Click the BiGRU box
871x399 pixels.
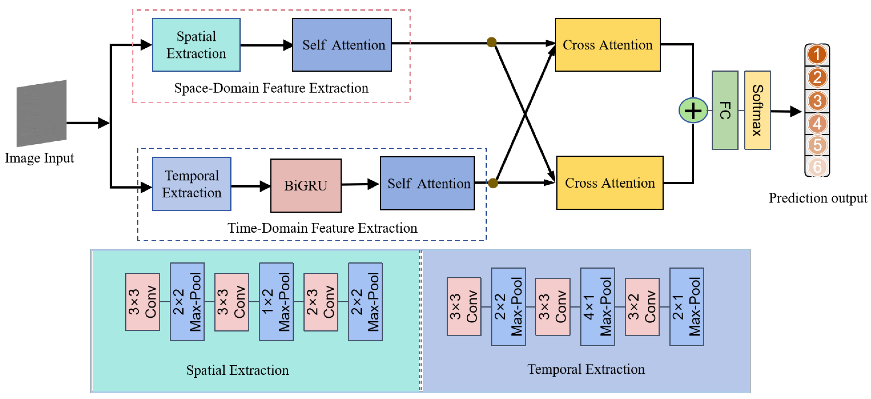point(306,185)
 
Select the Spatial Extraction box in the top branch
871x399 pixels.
point(196,45)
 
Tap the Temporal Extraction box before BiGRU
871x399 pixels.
point(192,184)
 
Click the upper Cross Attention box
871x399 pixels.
point(607,45)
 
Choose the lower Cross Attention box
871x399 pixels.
point(610,183)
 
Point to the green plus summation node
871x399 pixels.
point(693,111)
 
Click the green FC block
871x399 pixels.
point(725,110)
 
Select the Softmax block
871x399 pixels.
point(757,110)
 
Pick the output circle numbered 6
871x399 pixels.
point(817,167)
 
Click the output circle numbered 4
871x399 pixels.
point(817,124)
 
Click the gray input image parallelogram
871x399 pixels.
point(41,113)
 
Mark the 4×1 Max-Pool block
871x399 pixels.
point(597,307)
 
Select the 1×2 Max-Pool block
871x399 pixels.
point(276,302)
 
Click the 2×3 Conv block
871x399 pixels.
point(320,302)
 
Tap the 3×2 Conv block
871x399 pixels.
point(642,307)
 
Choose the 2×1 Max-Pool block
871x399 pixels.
point(686,307)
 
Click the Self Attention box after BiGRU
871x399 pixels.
point(427,183)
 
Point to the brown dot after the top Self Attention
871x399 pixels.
point(491,42)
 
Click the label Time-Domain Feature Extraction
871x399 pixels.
point(322,228)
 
